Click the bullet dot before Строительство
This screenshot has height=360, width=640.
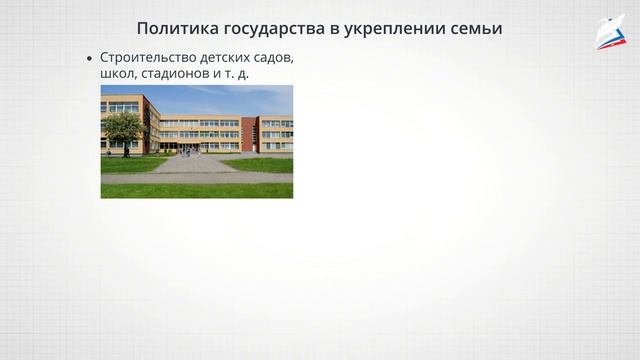[x=91, y=59]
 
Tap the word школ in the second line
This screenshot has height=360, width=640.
[x=115, y=74]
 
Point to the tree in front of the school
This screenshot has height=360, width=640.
[x=123, y=126]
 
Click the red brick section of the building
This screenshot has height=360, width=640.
[x=249, y=134]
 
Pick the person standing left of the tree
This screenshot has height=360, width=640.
[x=108, y=153]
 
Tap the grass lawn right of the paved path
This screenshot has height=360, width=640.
[x=260, y=165]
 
